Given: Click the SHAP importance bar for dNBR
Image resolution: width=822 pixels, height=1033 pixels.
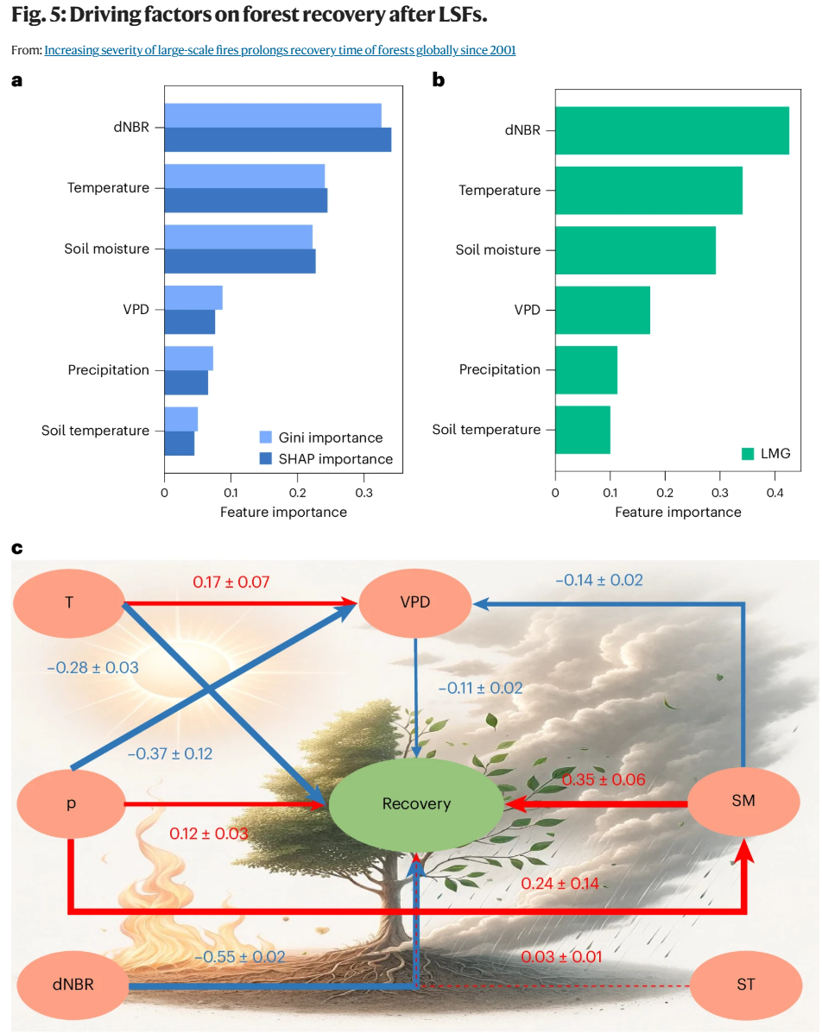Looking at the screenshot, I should click(277, 140).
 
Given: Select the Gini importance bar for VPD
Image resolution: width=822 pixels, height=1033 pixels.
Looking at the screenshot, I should click(193, 297).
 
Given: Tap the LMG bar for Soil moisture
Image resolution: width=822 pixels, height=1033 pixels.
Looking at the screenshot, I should click(635, 250).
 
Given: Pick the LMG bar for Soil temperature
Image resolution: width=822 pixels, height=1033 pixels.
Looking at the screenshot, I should click(582, 430).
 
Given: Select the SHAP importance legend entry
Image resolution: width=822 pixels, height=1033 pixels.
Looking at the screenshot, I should click(326, 459).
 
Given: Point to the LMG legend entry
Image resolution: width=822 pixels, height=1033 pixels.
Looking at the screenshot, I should click(766, 453).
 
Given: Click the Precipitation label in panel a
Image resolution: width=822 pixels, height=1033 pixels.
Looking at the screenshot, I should click(109, 370).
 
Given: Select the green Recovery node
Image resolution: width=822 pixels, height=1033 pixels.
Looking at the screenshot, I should click(416, 804).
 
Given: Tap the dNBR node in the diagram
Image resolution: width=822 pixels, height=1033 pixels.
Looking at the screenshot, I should click(73, 984).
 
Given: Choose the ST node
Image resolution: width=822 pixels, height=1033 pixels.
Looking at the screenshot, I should click(746, 984).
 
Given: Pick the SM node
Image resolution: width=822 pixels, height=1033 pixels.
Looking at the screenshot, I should click(743, 801).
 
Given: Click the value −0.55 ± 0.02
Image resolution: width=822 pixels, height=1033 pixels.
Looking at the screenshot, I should click(239, 957).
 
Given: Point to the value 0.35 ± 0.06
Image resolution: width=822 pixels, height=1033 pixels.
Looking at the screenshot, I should click(604, 780).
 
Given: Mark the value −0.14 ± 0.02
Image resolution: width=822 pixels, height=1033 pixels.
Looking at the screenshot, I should click(599, 581).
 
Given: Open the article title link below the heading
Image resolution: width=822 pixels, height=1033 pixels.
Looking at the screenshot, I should click(280, 50).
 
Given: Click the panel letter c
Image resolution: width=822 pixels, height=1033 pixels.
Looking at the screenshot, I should click(17, 549).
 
